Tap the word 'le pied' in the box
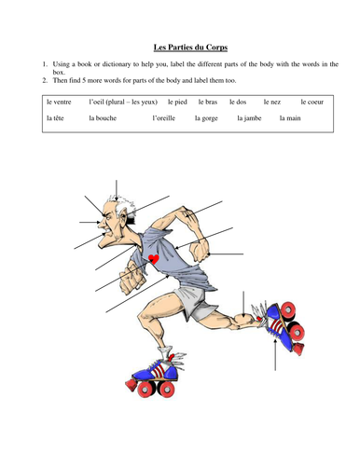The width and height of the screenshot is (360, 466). pyautogui.click(x=177, y=100)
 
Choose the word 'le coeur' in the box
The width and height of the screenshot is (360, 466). pyautogui.click(x=313, y=100)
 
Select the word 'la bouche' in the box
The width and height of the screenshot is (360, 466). pyautogui.click(x=104, y=119)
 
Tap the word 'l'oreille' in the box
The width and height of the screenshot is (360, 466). pyautogui.click(x=165, y=119)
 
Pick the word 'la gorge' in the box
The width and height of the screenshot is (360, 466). pyautogui.click(x=207, y=119)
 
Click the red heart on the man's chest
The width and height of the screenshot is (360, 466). pyautogui.click(x=152, y=257)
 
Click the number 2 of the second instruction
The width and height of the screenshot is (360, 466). pyautogui.click(x=45, y=79)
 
